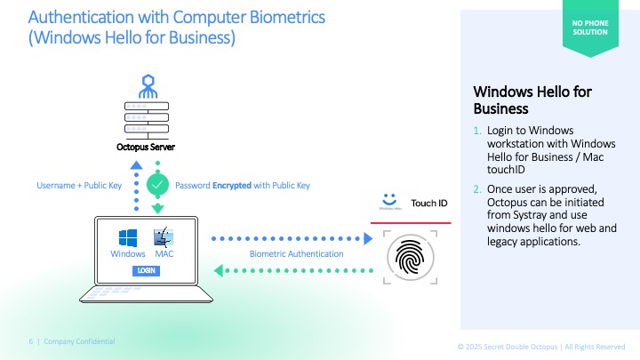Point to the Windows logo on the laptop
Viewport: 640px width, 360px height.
[x=127, y=238]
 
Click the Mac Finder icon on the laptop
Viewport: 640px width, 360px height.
[x=164, y=238]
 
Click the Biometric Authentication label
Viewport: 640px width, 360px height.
[x=296, y=254]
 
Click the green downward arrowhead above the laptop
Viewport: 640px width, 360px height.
[x=157, y=208]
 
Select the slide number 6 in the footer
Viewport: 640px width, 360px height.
[x=30, y=341]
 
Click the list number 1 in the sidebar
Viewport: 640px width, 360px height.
[x=477, y=131]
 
